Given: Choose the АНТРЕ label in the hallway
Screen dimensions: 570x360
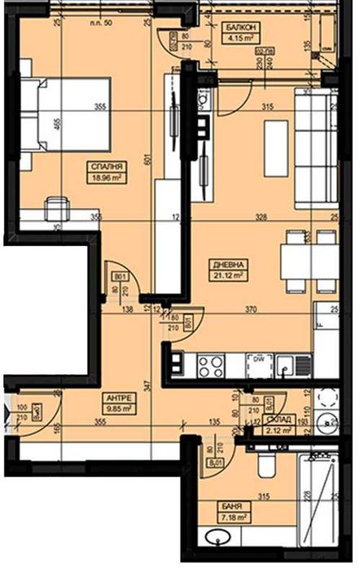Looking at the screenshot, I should (x=115, y=399).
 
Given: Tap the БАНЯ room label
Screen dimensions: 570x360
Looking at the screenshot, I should (x=230, y=506).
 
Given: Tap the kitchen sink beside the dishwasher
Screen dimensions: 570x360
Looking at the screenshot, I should (x=286, y=366).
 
